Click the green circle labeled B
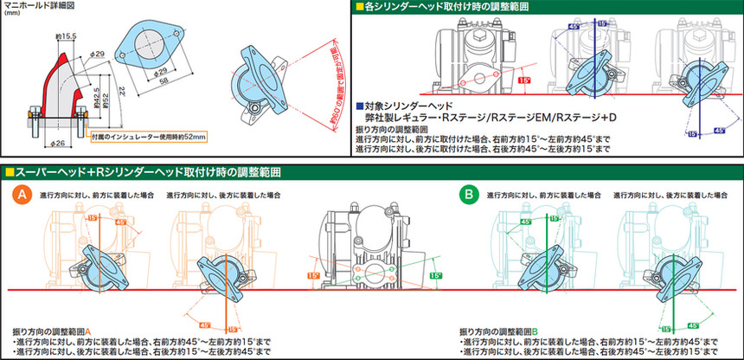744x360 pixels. pyautogui.click(x=468, y=196)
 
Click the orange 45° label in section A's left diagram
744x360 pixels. pyautogui.click(x=120, y=223)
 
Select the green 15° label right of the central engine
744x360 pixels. pyautogui.click(x=434, y=275)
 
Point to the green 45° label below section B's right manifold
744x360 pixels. pyautogui.click(x=693, y=325)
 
